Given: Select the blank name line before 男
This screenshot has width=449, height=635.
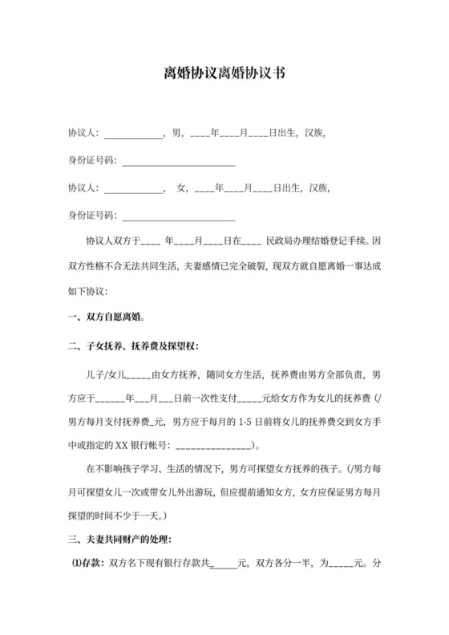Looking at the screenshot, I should click(133, 133).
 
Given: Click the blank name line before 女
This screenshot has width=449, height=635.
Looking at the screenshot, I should click(133, 189).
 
